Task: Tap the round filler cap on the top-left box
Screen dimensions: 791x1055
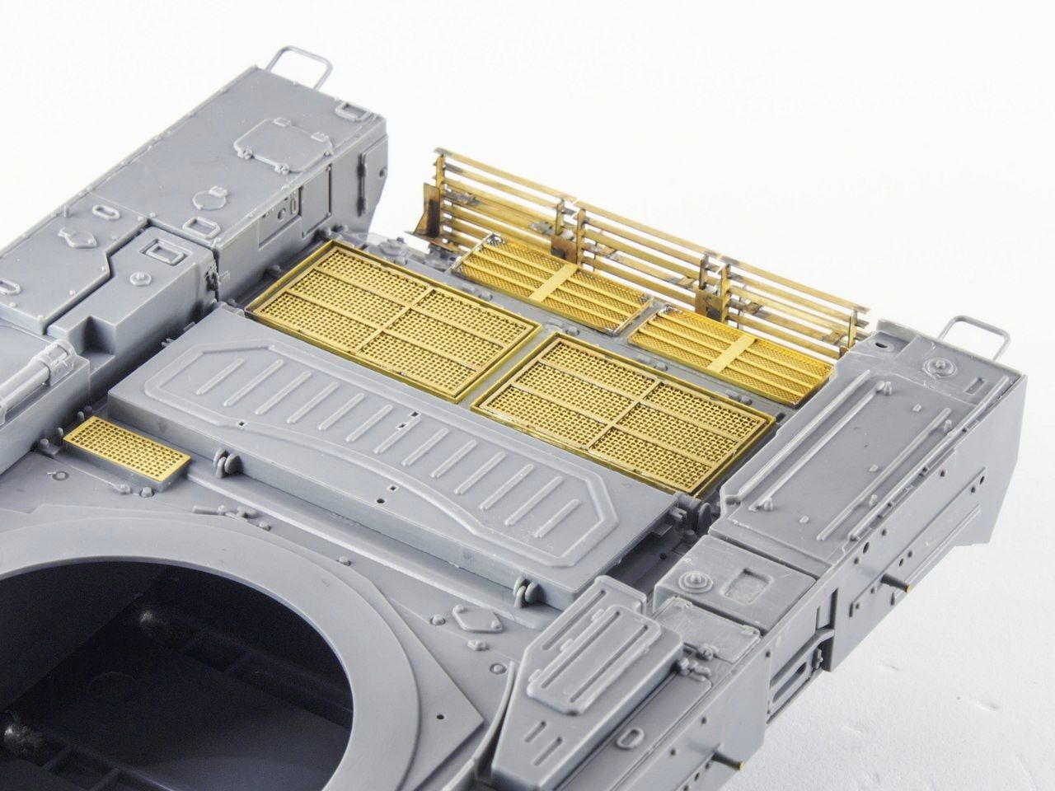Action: click(201, 199)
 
